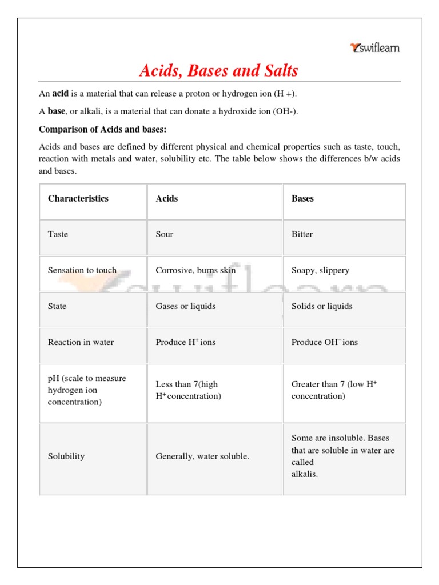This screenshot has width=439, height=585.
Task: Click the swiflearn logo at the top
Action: pos(374,48)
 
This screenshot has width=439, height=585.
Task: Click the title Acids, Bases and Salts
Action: pos(219,71)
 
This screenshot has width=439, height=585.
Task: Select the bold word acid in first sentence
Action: pos(61,94)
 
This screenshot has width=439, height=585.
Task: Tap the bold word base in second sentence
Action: pos(56,111)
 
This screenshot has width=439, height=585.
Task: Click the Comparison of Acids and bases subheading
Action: pos(102,129)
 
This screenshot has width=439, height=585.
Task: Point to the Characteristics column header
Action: pos(78,199)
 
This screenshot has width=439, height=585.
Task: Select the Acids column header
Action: pos(167,199)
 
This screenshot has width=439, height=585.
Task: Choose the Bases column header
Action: pos(302,199)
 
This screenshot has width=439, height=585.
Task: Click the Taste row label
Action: pos(58,234)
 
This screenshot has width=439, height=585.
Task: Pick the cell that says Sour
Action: pos(165,234)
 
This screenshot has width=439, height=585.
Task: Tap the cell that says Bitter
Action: pos(302,234)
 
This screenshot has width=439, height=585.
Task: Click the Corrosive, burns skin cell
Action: pos(195,270)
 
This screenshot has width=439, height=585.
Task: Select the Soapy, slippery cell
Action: pos(320,270)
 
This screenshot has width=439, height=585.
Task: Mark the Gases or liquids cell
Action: pos(186,306)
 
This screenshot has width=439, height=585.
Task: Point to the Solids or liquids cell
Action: pos(322,306)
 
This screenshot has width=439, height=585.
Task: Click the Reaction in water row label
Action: pos(81,342)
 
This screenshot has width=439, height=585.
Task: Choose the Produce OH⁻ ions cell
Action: pos(325,342)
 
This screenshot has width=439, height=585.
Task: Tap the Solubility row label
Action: pos(66,456)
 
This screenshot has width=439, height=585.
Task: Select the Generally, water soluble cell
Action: pos(202,456)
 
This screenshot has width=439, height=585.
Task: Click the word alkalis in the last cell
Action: pos(304,474)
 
